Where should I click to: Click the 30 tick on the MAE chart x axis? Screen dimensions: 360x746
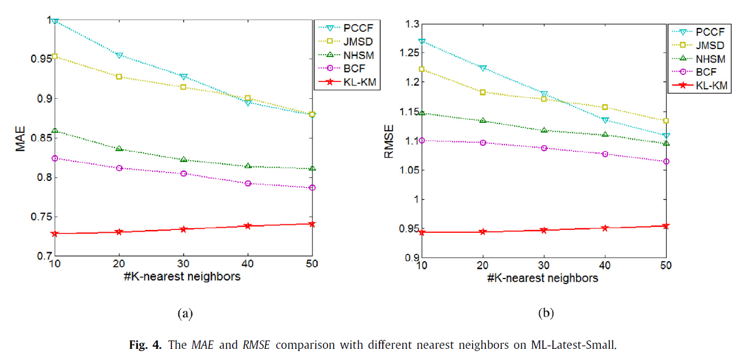(x=183, y=263)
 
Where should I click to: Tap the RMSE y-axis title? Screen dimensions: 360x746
(x=389, y=141)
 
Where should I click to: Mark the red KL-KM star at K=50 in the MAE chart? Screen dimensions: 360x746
(x=312, y=224)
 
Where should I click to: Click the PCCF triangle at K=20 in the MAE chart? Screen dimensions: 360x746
(x=119, y=55)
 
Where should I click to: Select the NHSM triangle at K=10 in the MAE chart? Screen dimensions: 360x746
(x=55, y=131)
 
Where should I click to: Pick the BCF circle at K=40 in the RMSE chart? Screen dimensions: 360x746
(x=605, y=153)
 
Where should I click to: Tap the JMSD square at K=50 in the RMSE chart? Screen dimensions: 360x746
(x=666, y=121)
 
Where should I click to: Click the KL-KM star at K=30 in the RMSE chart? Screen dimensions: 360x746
(x=544, y=230)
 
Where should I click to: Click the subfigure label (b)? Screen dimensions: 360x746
(x=545, y=314)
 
